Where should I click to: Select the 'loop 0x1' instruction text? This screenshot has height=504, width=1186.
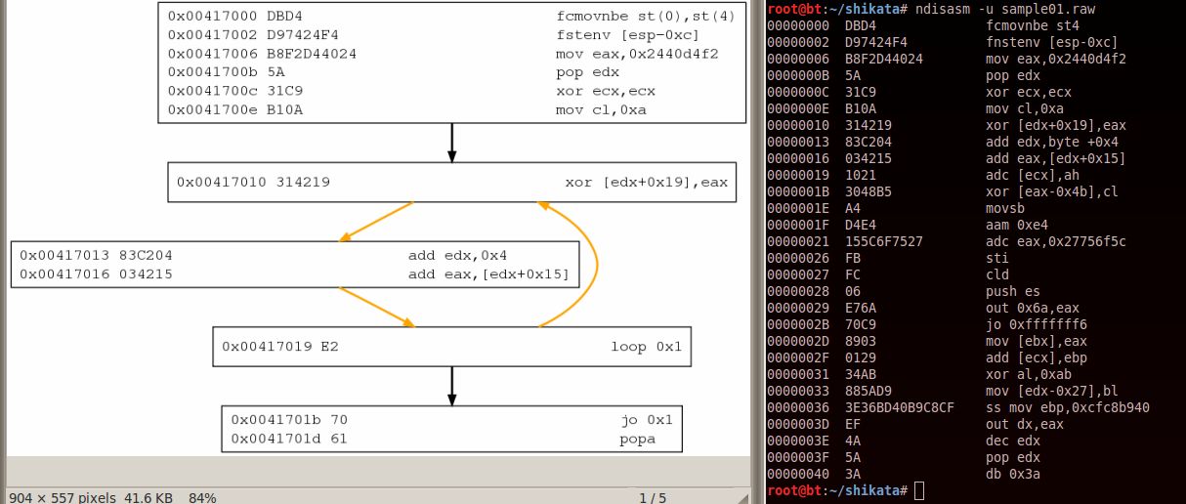[x=646, y=347]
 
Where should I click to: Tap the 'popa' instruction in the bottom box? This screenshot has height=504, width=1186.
[x=637, y=439]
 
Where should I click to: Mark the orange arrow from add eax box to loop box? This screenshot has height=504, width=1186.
[x=375, y=306]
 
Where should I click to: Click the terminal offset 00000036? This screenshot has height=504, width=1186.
[x=798, y=406]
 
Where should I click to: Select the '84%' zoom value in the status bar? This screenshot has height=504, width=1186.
[x=202, y=497]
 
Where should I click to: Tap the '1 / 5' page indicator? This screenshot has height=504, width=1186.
[x=653, y=497]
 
